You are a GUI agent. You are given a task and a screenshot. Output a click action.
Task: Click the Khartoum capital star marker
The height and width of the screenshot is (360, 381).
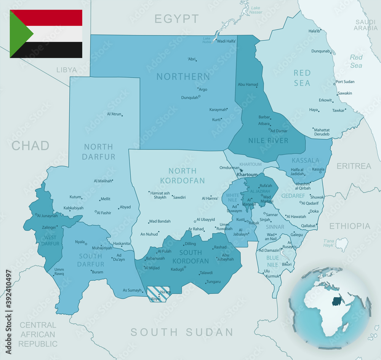point(241,170)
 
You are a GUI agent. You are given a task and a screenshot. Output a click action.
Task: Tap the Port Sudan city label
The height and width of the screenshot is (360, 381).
point(345,82)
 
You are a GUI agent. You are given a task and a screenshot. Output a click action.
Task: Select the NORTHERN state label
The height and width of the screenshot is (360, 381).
point(183,76)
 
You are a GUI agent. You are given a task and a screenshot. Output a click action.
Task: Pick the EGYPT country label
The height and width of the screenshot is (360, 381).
point(177,19)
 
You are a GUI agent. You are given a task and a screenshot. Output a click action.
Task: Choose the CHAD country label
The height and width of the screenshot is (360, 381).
point(30,145)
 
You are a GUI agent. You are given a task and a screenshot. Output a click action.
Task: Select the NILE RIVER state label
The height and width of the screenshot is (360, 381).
point(268,140)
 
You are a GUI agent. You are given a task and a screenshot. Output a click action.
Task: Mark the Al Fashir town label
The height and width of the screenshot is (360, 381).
point(104,213)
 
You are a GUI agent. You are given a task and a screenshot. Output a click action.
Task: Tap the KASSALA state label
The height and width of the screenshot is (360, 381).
point(305,160)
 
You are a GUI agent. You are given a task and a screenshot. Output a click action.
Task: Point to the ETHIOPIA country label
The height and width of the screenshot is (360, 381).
point(350,226)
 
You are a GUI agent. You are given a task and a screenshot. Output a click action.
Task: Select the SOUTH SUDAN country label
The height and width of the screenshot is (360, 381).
point(182,332)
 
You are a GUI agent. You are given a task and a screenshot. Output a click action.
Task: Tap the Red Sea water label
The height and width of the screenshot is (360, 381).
point(356,61)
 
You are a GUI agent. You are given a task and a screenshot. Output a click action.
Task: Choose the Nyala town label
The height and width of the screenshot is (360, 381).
point(80,242)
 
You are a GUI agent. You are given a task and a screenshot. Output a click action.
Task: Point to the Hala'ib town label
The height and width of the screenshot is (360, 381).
point(314,31)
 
